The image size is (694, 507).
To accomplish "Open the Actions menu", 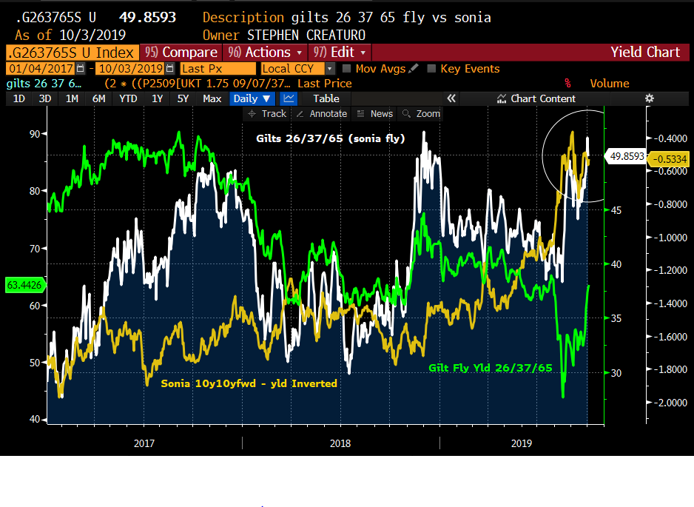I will point(266,52).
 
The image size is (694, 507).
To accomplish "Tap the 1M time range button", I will point(72,98).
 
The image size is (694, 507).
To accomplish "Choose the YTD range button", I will point(128,98).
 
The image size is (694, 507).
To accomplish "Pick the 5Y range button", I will point(183,98).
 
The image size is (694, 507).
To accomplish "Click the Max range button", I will point(212,98).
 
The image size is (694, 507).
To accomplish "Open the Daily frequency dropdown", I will point(252,98).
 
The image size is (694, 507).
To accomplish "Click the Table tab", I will point(326,98).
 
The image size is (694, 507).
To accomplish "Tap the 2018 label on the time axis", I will point(340,443).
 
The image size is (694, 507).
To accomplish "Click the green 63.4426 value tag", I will point(23,283).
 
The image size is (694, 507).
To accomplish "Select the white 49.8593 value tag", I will point(625,156).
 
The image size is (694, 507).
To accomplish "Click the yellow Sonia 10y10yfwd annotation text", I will point(249,383).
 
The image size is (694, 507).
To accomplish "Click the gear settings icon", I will point(650,98).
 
